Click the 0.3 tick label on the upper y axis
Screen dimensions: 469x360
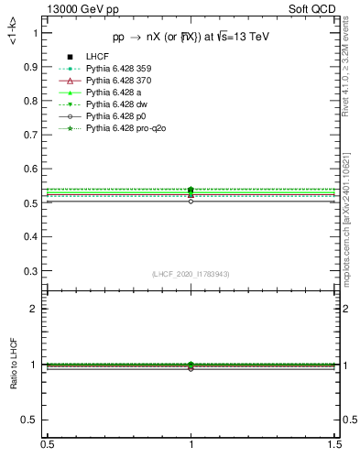pos(32,271)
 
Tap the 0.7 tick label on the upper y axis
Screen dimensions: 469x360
pos(32,135)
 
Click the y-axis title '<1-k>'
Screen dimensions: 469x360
pos(12,33)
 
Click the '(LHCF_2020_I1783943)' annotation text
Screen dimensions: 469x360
pos(191,273)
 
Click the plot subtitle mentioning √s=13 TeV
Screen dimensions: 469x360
pos(191,38)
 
